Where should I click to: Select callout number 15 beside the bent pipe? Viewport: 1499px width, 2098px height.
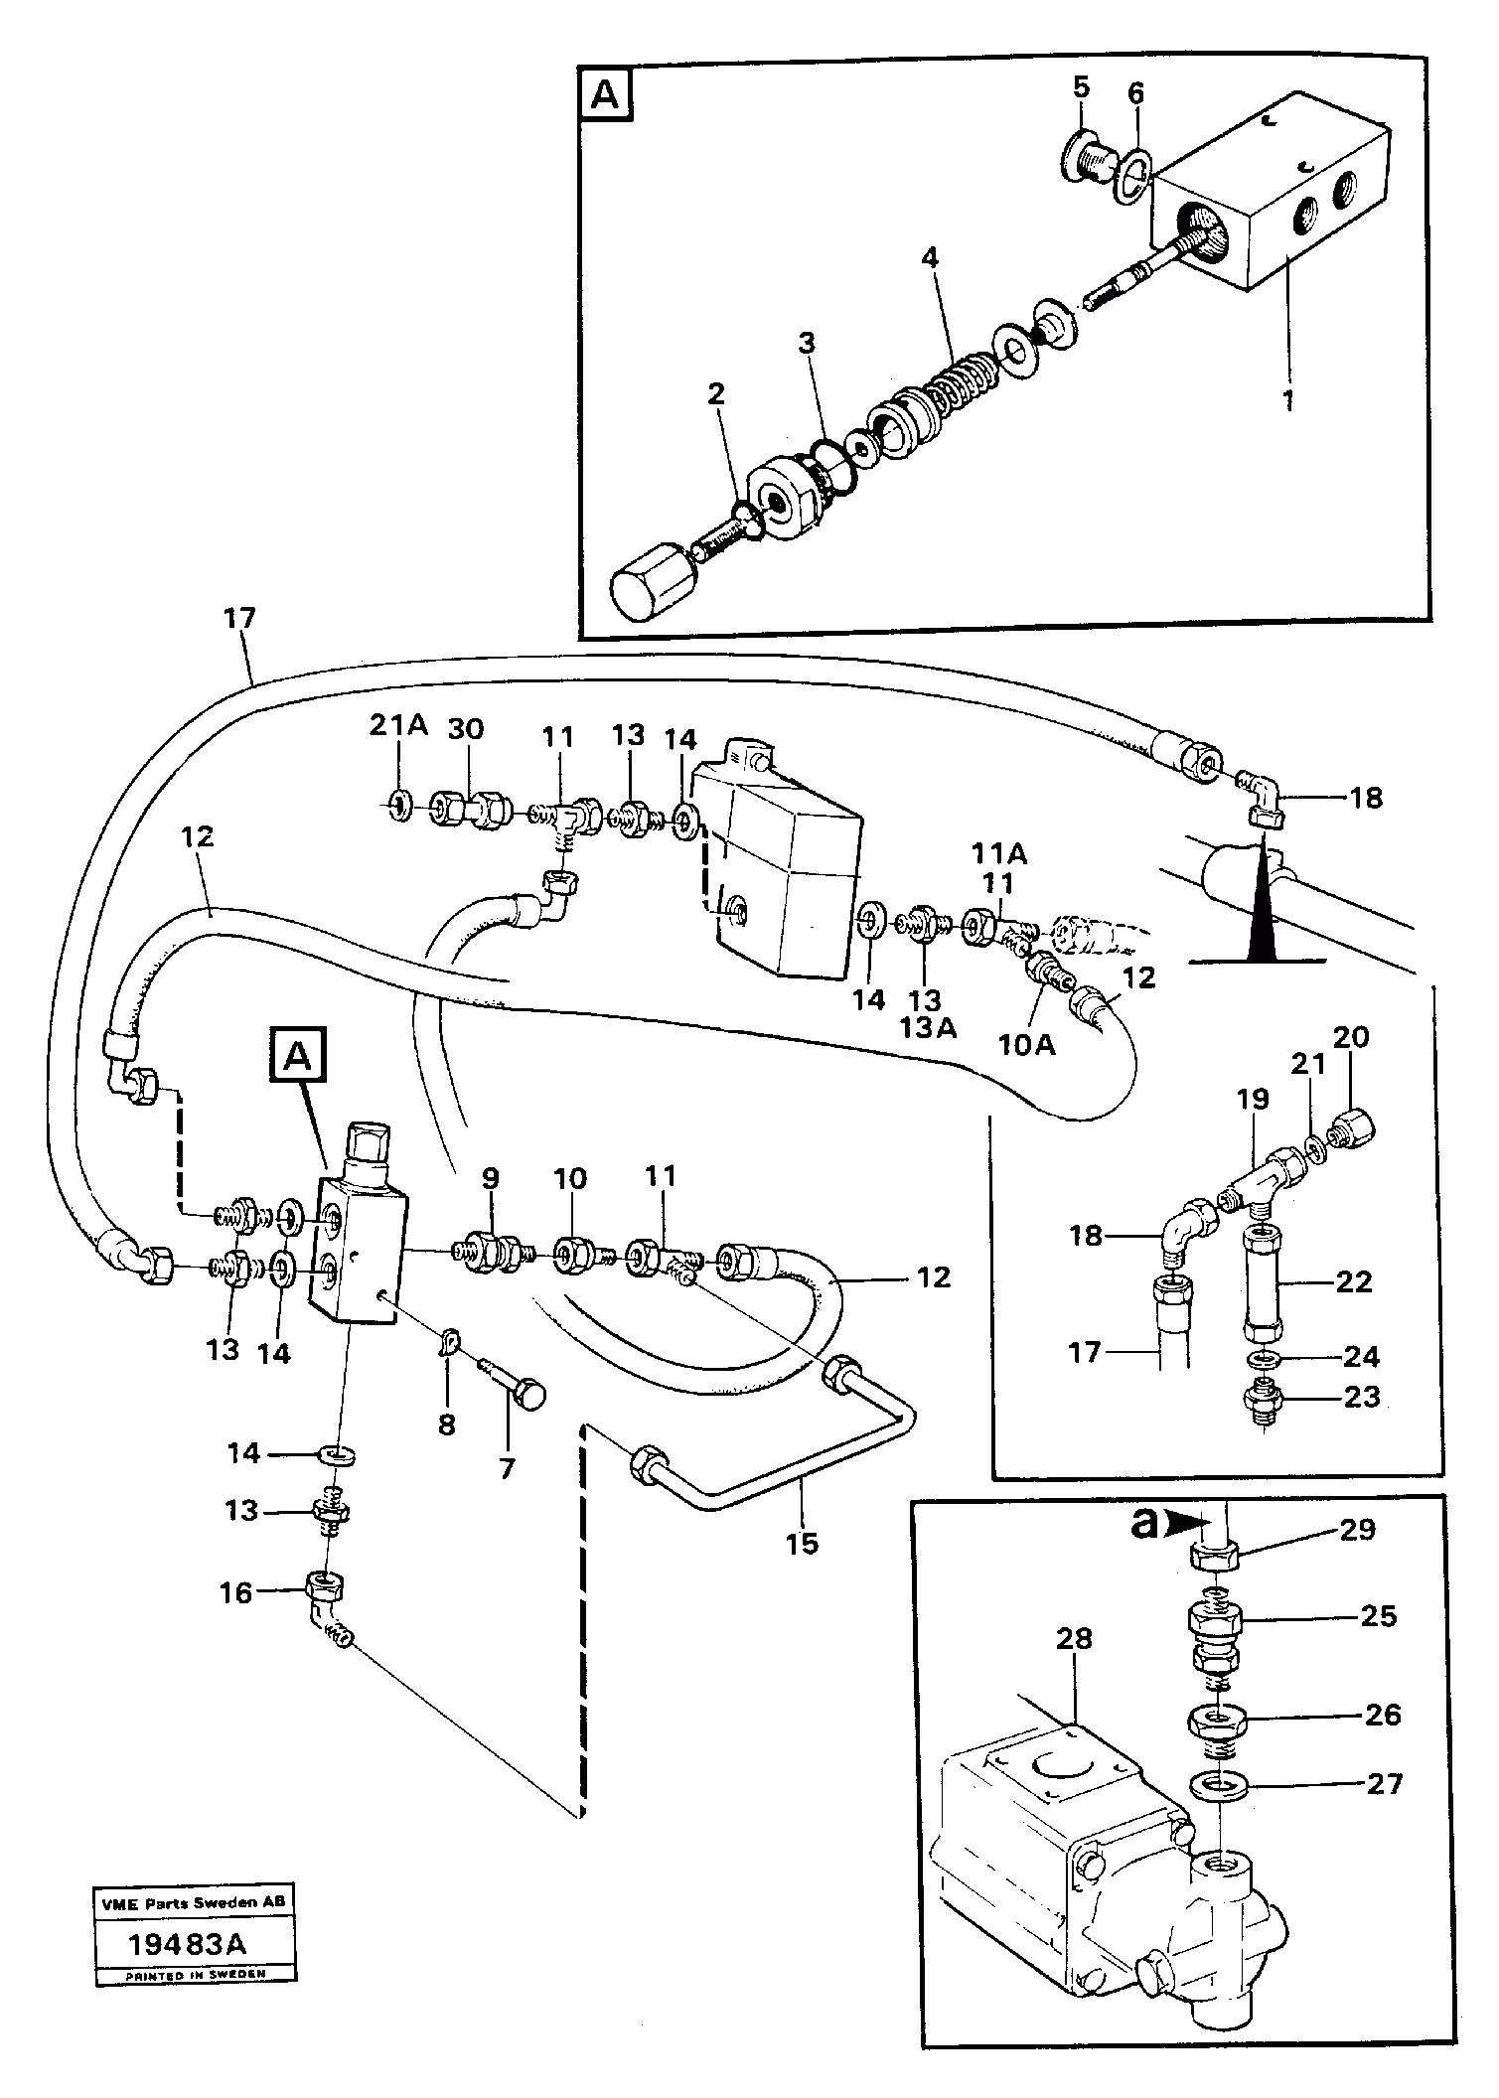[802, 1543]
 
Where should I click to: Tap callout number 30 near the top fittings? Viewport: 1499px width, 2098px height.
[465, 729]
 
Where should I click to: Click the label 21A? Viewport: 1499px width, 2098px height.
[398, 727]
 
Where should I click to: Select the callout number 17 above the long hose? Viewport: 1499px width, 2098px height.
[239, 619]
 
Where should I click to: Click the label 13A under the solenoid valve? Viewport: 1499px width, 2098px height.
[928, 1027]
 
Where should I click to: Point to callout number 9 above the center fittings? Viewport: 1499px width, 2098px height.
[490, 1178]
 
